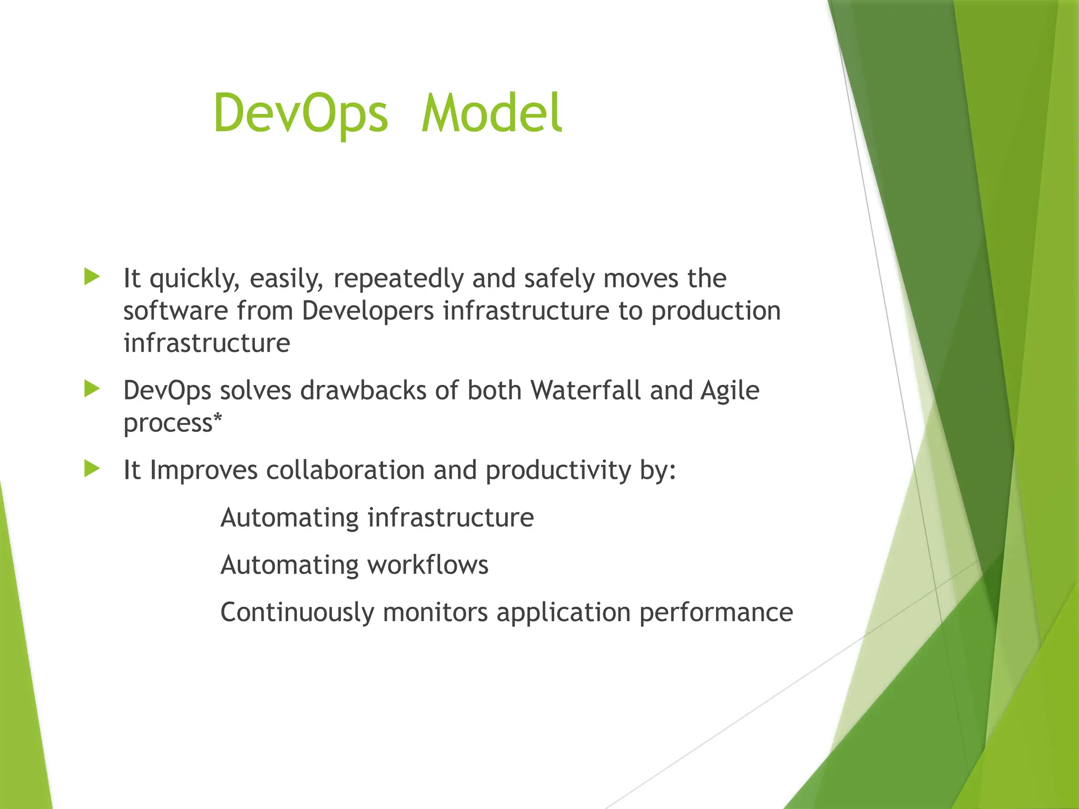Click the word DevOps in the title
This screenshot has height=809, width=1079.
[301, 114]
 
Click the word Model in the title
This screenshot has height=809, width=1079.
[492, 114]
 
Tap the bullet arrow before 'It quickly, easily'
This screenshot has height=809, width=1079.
[92, 277]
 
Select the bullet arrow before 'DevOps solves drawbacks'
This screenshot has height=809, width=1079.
[92, 389]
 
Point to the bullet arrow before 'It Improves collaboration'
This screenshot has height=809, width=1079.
[92, 468]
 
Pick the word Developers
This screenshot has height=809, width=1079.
[368, 311]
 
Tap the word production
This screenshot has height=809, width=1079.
[715, 312]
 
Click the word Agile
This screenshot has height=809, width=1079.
[730, 391]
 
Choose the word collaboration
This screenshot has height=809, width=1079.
[345, 470]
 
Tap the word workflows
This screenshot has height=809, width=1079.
[428, 565]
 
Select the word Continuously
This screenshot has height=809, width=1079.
[297, 613]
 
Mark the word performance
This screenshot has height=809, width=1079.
[716, 613]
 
